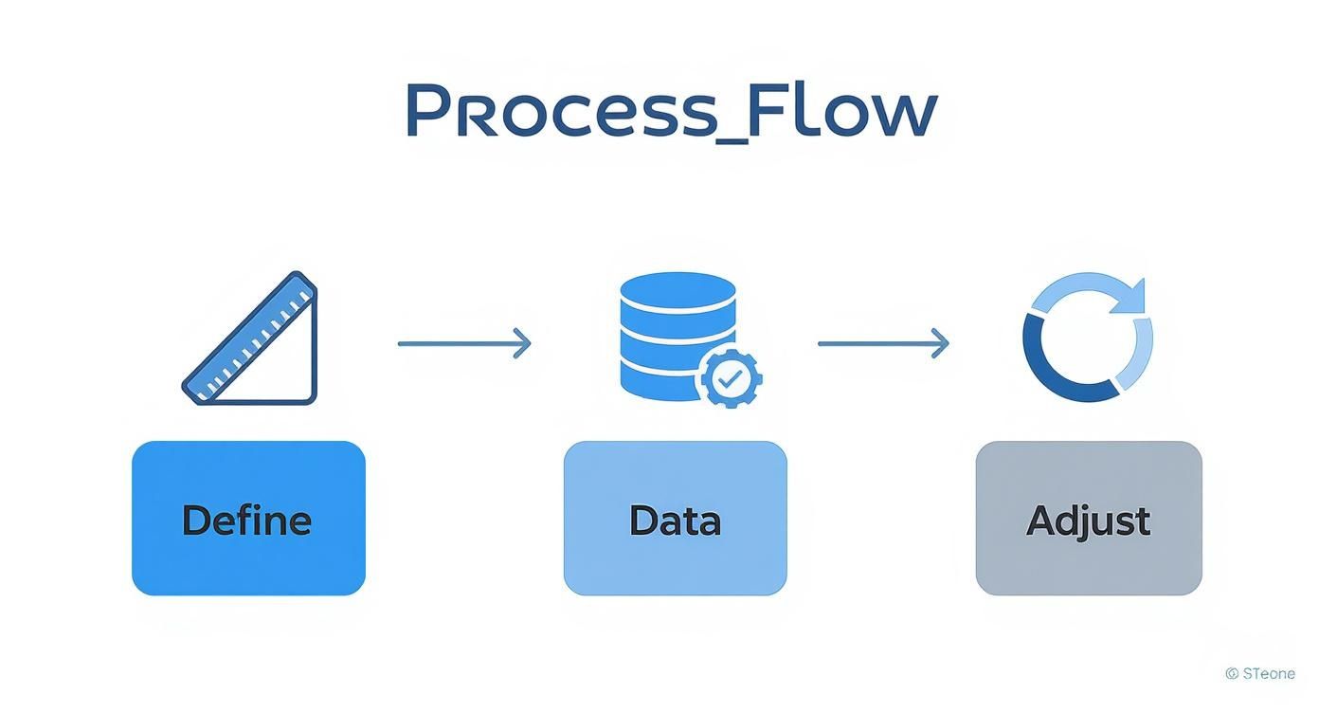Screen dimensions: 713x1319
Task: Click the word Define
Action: click(246, 521)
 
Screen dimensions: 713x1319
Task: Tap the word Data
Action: click(675, 521)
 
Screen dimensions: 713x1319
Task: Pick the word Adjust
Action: click(1088, 521)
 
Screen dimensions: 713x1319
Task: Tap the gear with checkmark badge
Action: click(729, 378)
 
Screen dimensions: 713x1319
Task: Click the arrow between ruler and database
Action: click(463, 343)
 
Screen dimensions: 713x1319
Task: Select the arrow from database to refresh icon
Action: click(882, 343)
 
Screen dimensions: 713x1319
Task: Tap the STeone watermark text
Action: click(1269, 674)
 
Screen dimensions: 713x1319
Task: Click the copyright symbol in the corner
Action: click(1232, 674)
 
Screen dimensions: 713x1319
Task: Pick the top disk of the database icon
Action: click(678, 288)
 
